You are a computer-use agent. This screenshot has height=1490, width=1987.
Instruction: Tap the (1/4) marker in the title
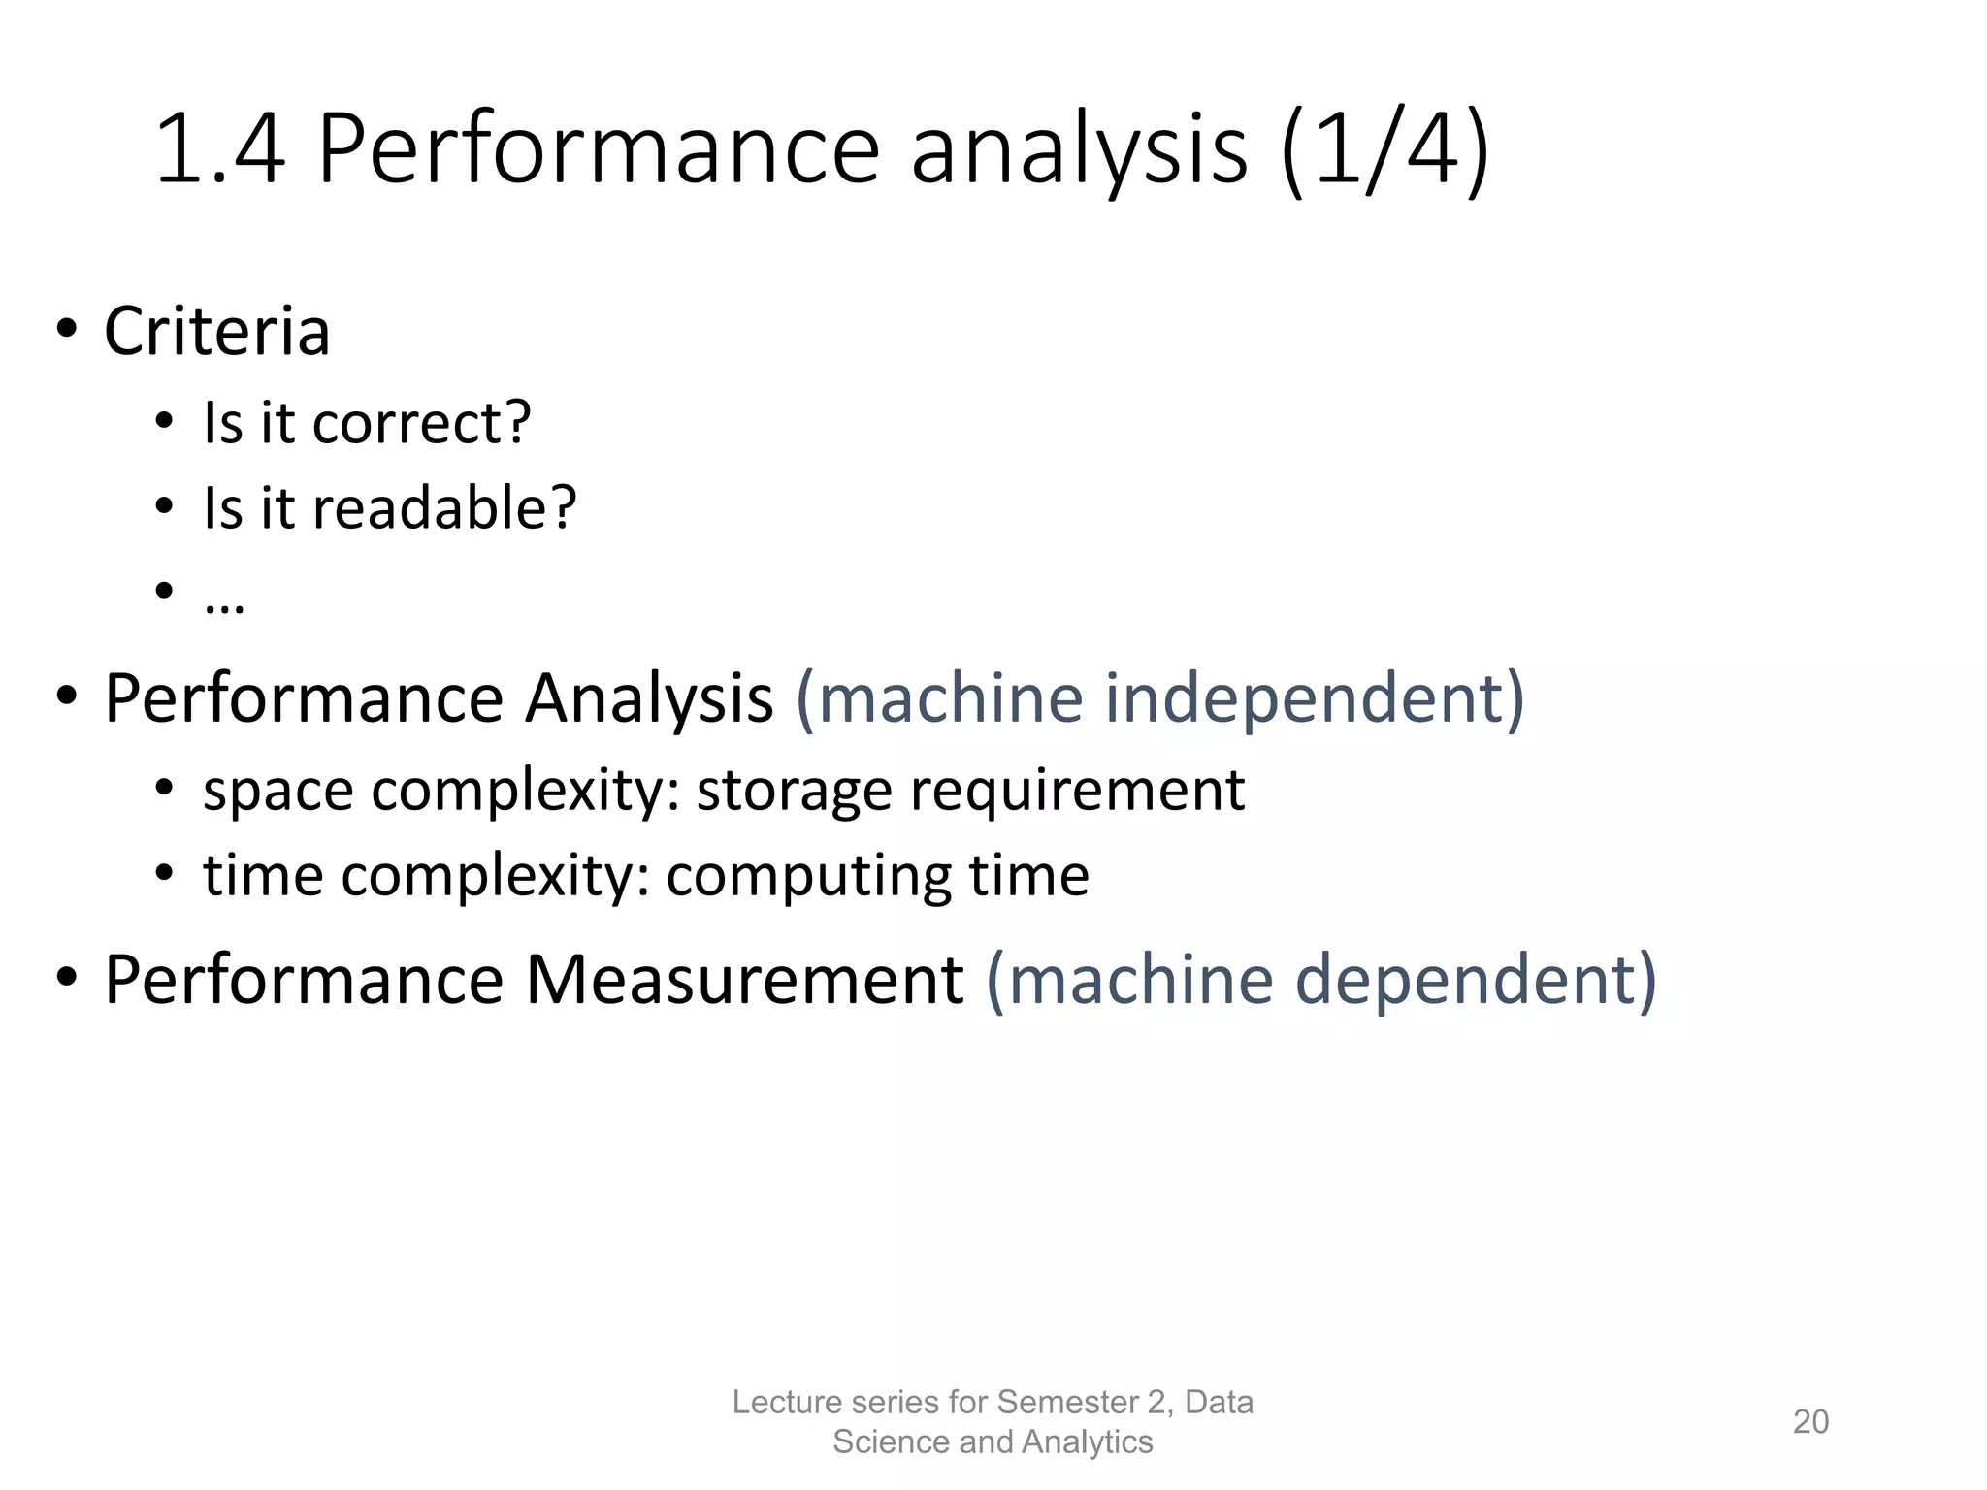coord(1385,150)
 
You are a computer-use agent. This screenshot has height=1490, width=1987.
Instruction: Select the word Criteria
coord(217,332)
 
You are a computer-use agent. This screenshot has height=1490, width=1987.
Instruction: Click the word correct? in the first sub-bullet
coord(421,423)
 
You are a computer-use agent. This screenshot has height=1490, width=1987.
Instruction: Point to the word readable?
coord(444,508)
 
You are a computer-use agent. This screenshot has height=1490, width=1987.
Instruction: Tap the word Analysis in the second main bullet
coord(648,698)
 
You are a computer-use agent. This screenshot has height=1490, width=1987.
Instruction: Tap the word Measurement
coord(744,980)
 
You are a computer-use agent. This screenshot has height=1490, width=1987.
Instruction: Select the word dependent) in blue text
coord(1476,980)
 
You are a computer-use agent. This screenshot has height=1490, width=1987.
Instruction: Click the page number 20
coord(1810,1422)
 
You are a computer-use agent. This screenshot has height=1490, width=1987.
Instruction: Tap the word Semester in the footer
coord(1066,1403)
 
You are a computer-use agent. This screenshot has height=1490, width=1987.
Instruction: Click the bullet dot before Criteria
coord(66,330)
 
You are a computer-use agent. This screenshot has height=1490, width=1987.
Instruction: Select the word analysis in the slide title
coord(1079,150)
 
